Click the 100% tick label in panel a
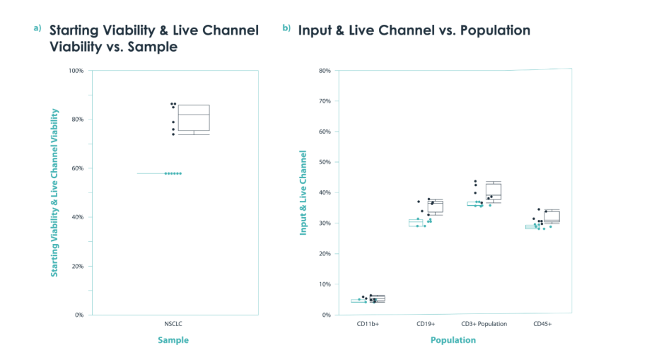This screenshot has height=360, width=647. pyautogui.click(x=76, y=71)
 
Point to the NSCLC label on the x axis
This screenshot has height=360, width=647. pyautogui.click(x=173, y=324)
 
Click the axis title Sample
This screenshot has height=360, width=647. pyautogui.click(x=173, y=340)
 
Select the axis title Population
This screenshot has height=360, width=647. pyautogui.click(x=453, y=340)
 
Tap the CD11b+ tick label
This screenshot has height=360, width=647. pyautogui.click(x=368, y=324)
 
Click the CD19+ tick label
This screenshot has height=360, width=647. pyautogui.click(x=426, y=324)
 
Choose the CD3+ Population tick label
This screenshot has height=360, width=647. pyautogui.click(x=484, y=324)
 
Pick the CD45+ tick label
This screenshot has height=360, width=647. pyautogui.click(x=542, y=324)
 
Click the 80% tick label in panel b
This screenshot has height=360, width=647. pyautogui.click(x=325, y=71)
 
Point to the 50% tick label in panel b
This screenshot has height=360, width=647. pyautogui.click(x=325, y=162)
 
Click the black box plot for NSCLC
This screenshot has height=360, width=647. pyautogui.click(x=194, y=118)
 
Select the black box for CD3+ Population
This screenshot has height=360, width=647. pyautogui.click(x=494, y=192)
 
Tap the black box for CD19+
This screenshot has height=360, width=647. pyautogui.click(x=436, y=207)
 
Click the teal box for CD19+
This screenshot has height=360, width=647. pyautogui.click(x=416, y=223)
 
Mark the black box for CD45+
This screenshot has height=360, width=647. pyautogui.click(x=552, y=216)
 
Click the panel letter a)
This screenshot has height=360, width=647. pyautogui.click(x=37, y=28)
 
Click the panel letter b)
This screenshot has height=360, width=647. pyautogui.click(x=286, y=28)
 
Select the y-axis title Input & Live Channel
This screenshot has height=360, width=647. pyautogui.click(x=303, y=193)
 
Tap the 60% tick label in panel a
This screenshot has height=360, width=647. pyautogui.click(x=77, y=168)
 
